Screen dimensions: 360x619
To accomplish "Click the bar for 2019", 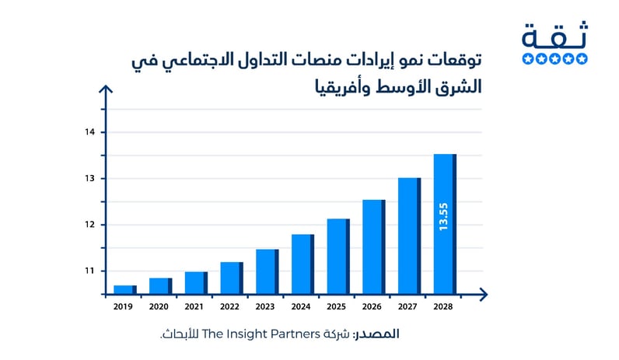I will (x=124, y=290).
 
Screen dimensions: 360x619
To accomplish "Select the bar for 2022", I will (x=231, y=278).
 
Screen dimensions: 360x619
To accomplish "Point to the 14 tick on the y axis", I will (x=90, y=132).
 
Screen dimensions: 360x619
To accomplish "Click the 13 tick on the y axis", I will (x=90, y=179).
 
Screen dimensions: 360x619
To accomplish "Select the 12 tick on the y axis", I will (x=90, y=225).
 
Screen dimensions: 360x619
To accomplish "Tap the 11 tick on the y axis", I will (x=90, y=271).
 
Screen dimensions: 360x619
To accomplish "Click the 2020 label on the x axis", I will (x=160, y=306).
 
